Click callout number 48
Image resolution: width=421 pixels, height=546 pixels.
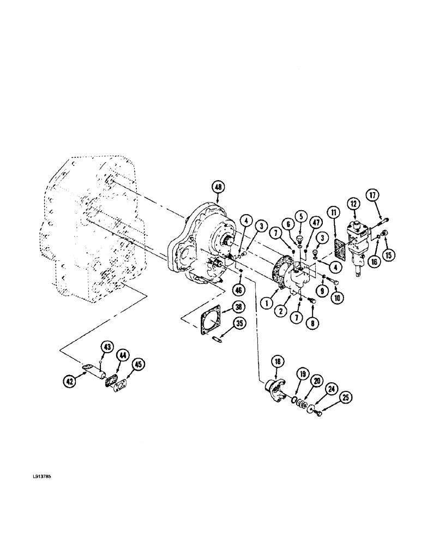[218, 187]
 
